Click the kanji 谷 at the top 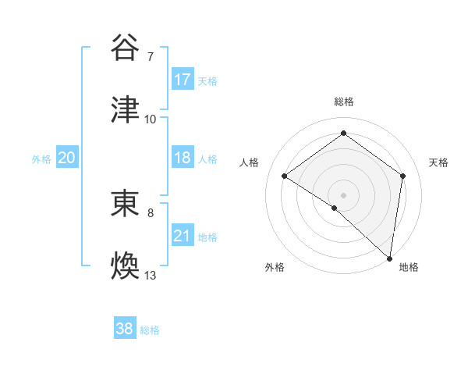[x=126, y=48]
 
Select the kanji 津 [x=126, y=110]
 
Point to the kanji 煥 [x=126, y=266]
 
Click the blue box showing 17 [x=183, y=80]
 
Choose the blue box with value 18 [x=183, y=158]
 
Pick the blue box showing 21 [x=183, y=236]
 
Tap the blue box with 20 [x=67, y=158]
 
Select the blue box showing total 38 [x=125, y=329]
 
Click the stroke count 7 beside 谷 [x=151, y=57]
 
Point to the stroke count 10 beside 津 [x=151, y=119]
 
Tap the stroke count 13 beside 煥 [x=151, y=276]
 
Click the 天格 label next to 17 [x=207, y=81]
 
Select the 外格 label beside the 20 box [x=41, y=159]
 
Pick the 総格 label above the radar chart [x=344, y=102]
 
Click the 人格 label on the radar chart [x=250, y=162]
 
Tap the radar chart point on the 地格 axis [x=390, y=258]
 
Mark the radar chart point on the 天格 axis [x=403, y=176]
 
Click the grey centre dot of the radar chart [x=343, y=194]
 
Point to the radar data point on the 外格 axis [x=335, y=208]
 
